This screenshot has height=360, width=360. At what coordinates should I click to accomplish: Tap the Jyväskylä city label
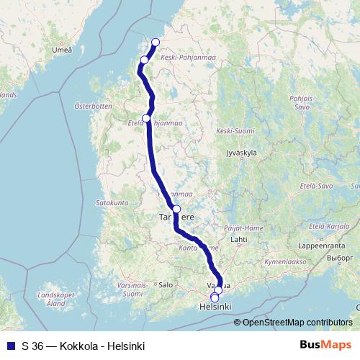tap(242, 152)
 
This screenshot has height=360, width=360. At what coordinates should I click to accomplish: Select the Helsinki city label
tap(215, 307)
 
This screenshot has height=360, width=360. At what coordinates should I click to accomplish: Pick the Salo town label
tap(166, 284)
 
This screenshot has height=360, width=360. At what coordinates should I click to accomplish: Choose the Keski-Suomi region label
tap(235, 131)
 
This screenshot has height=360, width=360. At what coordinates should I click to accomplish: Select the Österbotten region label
tap(94, 106)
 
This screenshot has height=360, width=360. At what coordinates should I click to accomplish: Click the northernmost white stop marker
tap(156, 42)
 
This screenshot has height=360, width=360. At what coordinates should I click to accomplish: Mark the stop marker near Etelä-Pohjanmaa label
tap(147, 118)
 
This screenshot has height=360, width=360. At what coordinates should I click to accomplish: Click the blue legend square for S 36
tap(10, 346)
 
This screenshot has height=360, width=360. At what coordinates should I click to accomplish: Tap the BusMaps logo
tap(325, 346)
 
